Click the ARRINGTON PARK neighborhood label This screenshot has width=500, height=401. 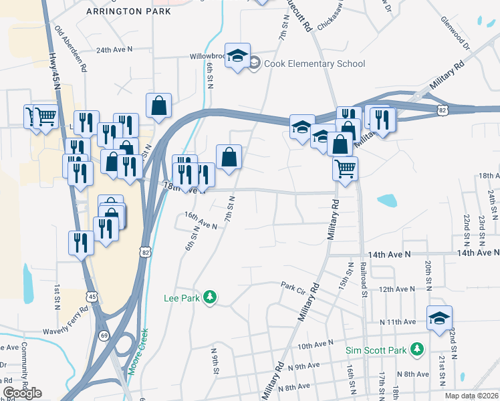click(128, 11)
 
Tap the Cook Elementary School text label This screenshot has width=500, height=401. click(315, 63)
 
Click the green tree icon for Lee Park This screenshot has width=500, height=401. click(210, 296)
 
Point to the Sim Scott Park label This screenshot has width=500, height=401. click(377, 350)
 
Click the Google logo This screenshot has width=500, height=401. click(22, 393)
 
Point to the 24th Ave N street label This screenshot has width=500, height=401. click(114, 50)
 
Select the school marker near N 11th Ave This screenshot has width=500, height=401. click(440, 318)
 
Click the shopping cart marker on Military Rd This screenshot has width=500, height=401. click(345, 168)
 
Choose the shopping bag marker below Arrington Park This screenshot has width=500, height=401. click(158, 106)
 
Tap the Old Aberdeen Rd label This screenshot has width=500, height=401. click(71, 49)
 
